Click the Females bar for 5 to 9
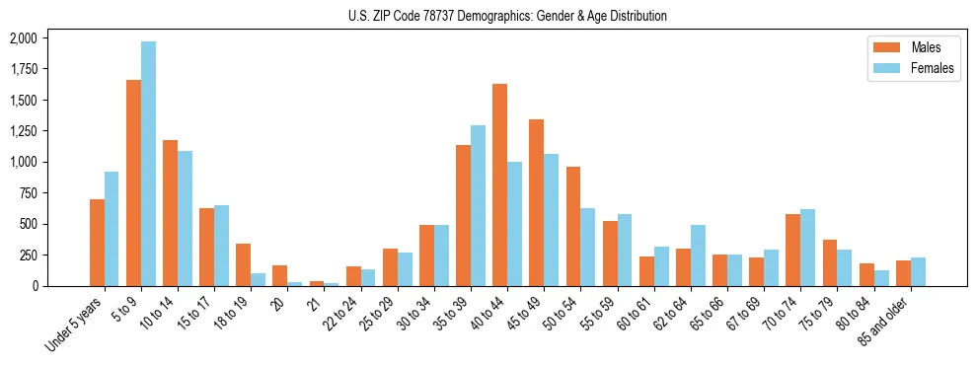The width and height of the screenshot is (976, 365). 148,164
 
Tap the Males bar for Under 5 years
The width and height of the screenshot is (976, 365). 97,243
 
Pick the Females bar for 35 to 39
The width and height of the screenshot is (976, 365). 478,205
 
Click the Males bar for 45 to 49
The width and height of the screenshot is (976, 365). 536,203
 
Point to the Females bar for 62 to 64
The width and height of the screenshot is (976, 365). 698,255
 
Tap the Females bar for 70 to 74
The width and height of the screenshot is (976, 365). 807,248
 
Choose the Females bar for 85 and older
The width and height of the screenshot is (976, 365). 918,271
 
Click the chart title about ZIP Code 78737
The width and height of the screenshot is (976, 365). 507,16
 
